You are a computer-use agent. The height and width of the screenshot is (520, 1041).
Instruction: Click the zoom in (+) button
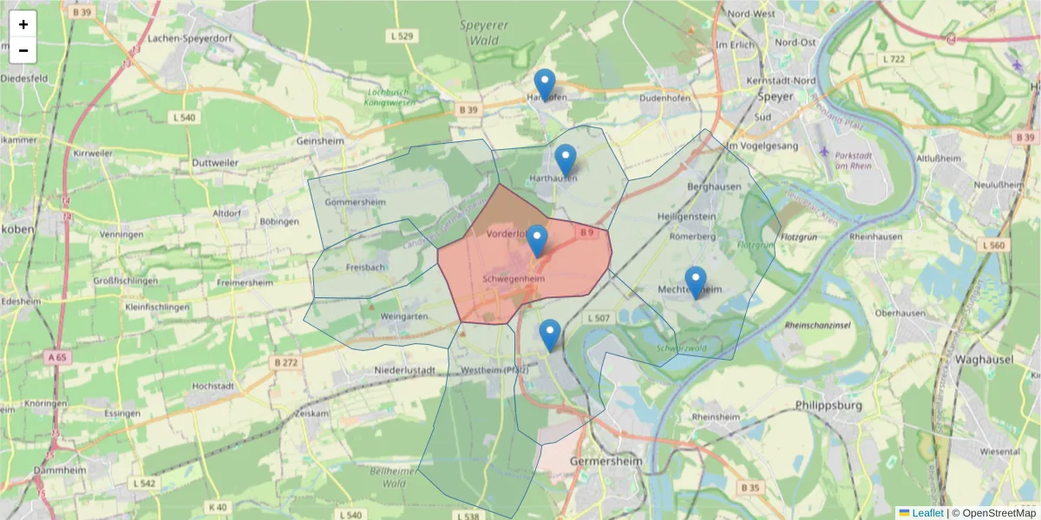click(x=23, y=24)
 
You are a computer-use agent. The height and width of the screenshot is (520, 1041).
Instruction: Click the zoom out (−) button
click(x=23, y=50)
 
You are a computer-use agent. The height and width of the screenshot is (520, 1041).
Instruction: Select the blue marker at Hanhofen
click(x=545, y=85)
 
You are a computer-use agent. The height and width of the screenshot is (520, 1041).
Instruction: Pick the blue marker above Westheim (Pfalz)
click(x=550, y=335)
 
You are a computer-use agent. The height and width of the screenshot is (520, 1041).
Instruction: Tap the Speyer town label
click(x=775, y=97)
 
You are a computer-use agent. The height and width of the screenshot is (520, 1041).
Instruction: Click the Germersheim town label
click(x=606, y=462)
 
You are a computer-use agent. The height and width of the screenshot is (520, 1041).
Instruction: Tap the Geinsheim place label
click(x=320, y=140)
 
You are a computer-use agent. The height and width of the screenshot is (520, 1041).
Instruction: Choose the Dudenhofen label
click(x=664, y=98)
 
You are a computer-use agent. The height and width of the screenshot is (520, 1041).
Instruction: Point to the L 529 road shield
click(x=403, y=36)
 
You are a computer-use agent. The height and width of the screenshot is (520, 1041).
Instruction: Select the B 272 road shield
click(x=285, y=362)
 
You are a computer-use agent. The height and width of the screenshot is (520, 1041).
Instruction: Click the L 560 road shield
click(x=994, y=245)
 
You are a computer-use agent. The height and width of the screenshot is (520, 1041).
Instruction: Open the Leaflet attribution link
click(x=926, y=513)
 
